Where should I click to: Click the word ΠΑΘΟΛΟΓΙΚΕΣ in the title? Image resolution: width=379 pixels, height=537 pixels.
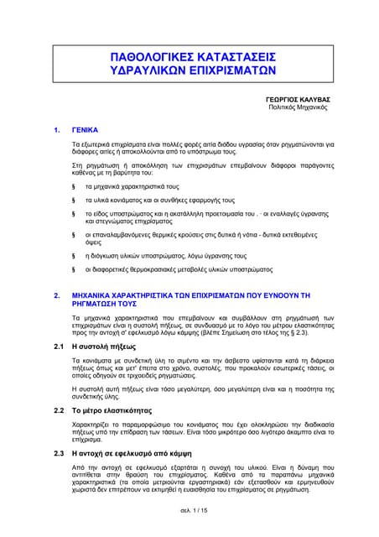coord(153,56)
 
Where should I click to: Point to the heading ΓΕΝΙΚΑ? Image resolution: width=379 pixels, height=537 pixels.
coord(86,131)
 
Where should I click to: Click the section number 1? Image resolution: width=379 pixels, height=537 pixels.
coord(56,131)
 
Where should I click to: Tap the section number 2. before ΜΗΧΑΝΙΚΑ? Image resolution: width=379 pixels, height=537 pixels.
coord(56,296)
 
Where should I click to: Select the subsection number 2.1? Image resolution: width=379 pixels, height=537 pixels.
coord(58,346)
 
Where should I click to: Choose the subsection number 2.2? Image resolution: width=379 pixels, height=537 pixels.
coord(58,410)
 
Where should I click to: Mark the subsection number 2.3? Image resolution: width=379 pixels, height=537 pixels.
coord(58,453)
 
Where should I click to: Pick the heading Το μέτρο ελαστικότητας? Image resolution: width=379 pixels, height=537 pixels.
coord(117,410)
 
